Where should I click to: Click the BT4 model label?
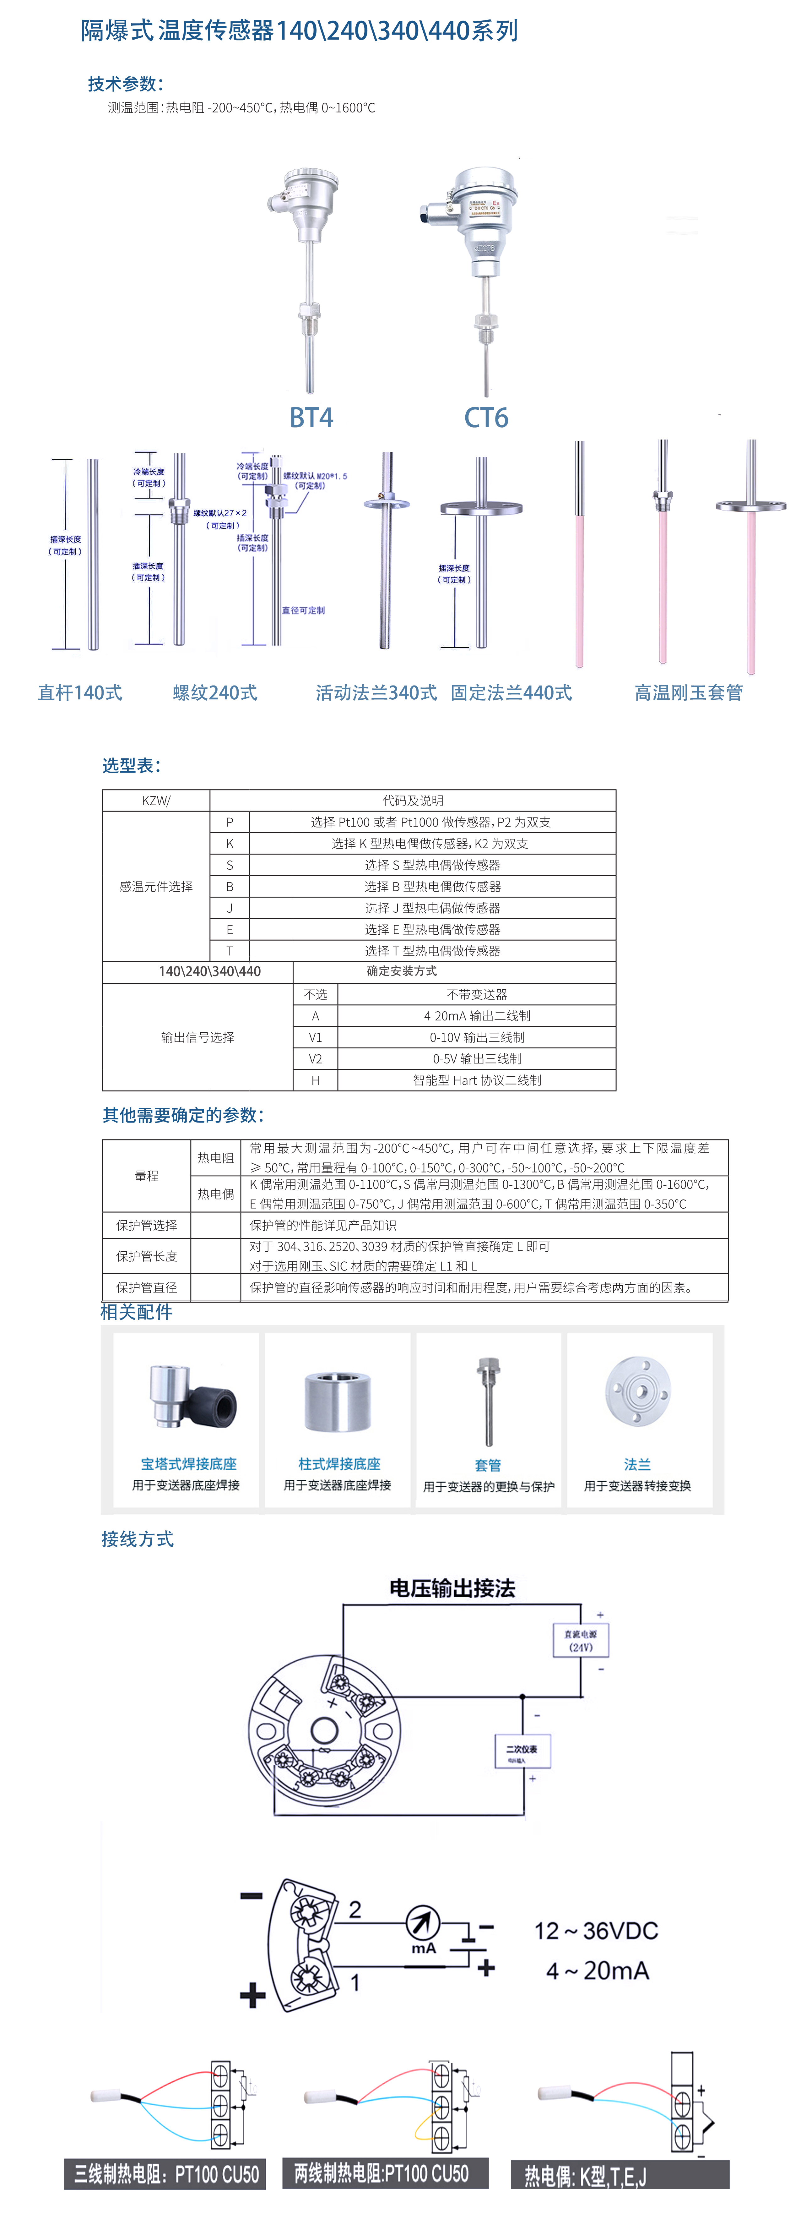tap(311, 418)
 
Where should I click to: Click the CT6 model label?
tap(486, 418)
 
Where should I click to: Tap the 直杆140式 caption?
tap(80, 692)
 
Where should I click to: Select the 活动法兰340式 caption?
tap(376, 692)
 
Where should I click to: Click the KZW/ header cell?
tap(156, 800)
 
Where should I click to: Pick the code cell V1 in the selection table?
tap(315, 1037)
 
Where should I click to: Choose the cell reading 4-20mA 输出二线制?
tap(476, 1016)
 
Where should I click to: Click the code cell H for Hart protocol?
tap(315, 1080)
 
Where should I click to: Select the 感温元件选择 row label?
tap(156, 886)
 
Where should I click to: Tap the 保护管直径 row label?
tap(146, 1287)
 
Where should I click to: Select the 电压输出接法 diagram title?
tap(452, 1588)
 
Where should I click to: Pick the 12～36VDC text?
tap(596, 1930)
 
